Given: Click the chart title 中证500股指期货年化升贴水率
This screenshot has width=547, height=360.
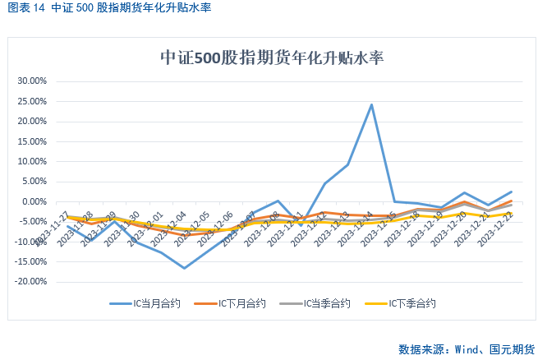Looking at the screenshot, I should pos(273,58).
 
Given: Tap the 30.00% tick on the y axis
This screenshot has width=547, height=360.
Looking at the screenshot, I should pos(33,81).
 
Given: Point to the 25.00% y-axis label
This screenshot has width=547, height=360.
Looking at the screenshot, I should pos(33,101).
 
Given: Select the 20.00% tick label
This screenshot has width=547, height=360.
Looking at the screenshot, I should pos(33,122).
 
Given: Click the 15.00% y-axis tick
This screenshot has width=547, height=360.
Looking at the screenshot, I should pos(33,141).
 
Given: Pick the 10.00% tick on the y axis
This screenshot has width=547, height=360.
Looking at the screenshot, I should pos(33,161).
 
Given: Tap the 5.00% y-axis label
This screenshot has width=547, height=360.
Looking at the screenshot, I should pos(34,182).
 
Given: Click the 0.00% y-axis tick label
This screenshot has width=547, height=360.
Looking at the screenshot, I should pos(34,201).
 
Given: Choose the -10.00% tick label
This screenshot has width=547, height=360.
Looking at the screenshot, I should pos(31,242).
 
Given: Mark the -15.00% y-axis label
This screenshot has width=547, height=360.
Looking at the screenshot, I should pos(31,261).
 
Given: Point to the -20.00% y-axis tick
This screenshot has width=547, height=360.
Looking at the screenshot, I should pos(31,281).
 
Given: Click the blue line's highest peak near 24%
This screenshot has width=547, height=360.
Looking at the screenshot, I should pos(371,104).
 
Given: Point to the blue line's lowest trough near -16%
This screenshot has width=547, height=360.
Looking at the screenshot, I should pos(184,268).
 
